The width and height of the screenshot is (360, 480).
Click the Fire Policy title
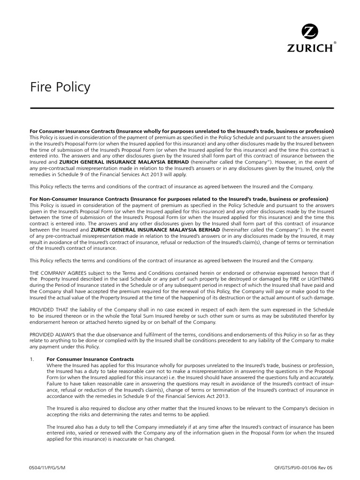pos(60,87)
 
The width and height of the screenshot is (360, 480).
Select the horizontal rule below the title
pos(181,108)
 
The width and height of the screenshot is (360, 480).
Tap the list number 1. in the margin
pos(32,359)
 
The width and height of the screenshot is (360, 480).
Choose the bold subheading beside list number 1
pos(90,359)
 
